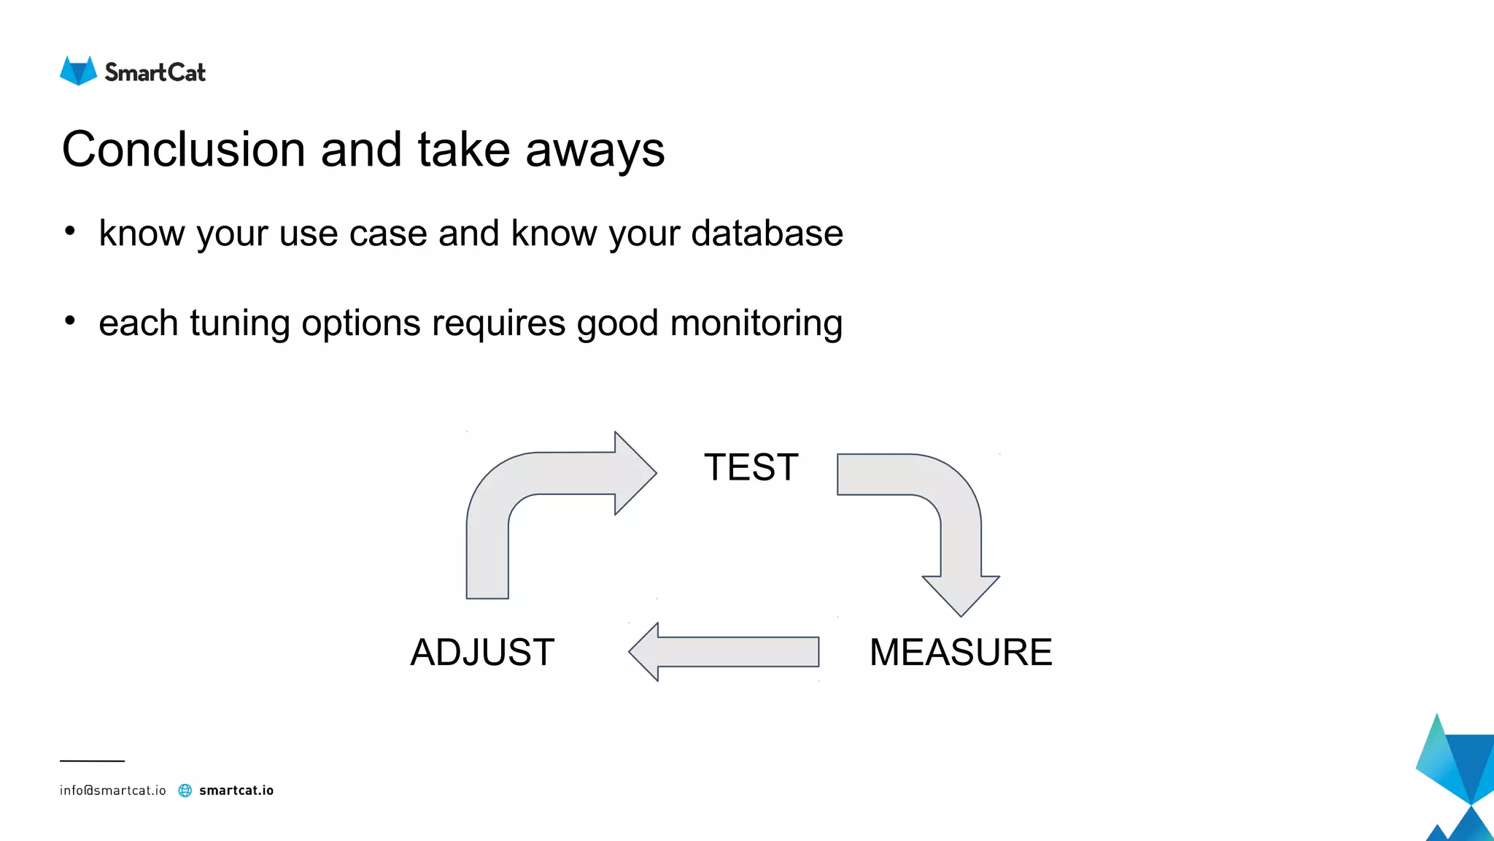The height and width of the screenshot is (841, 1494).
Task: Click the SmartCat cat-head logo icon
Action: click(x=78, y=72)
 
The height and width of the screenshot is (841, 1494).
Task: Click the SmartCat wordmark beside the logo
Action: click(x=155, y=72)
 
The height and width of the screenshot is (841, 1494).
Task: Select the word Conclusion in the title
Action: click(x=183, y=150)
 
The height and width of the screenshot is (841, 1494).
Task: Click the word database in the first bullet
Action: click(x=767, y=234)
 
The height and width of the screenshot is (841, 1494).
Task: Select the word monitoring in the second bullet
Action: click(x=756, y=323)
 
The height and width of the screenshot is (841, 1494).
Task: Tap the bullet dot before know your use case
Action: click(x=70, y=231)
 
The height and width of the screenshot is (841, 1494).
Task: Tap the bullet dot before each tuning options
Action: click(x=70, y=321)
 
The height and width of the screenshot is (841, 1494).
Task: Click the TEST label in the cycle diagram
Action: click(x=751, y=467)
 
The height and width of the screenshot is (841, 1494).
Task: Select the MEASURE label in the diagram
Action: click(x=960, y=652)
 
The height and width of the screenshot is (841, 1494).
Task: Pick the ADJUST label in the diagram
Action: click(x=482, y=652)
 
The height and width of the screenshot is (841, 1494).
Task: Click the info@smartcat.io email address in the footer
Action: click(x=112, y=791)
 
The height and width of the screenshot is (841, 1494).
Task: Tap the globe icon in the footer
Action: click(x=185, y=791)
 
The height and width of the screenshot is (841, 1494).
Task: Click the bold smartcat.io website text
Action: click(x=236, y=791)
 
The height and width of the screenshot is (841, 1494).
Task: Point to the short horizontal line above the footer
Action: click(x=92, y=761)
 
